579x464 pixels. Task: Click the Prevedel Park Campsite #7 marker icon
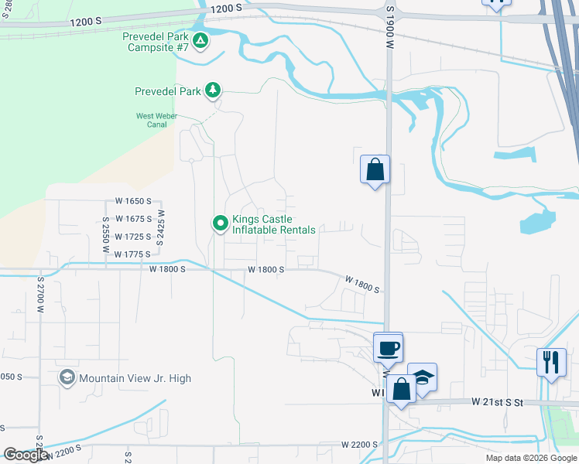tap(200, 39)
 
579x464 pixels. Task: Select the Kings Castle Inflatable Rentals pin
tap(221, 223)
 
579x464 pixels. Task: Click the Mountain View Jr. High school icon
tap(67, 378)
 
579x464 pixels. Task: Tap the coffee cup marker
tap(388, 347)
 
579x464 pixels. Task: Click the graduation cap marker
tap(422, 377)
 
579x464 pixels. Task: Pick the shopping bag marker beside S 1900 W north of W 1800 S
tap(375, 169)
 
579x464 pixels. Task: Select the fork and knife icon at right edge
tap(550, 362)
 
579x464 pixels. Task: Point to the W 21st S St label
tap(498, 402)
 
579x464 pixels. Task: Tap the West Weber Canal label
tap(156, 120)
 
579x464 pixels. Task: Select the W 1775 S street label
tap(131, 254)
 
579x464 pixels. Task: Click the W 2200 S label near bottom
tap(359, 445)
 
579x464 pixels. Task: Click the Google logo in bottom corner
tap(26, 455)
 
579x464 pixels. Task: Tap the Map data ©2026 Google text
tap(531, 458)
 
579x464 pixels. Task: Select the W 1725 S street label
tap(132, 236)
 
